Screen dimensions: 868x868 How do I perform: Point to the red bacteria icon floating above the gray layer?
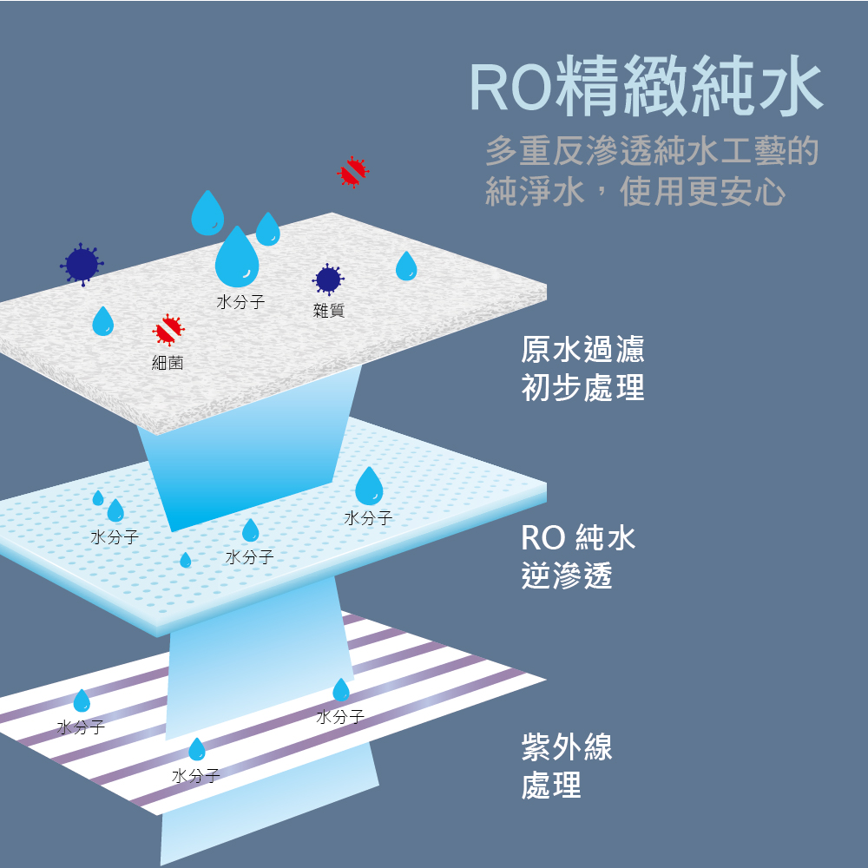(352, 172)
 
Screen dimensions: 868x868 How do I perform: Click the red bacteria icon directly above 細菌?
(168, 330)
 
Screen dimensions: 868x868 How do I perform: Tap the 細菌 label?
(168, 363)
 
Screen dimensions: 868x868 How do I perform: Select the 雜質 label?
(329, 310)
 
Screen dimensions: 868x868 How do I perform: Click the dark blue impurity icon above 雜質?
(328, 279)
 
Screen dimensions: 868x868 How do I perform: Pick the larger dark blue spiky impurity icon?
(82, 265)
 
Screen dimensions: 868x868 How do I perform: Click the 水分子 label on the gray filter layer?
(240, 302)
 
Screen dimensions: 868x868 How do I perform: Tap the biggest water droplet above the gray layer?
(237, 257)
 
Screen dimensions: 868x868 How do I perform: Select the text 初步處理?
(583, 387)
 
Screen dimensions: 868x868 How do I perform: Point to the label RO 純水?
(578, 537)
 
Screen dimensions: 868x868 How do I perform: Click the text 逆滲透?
(567, 575)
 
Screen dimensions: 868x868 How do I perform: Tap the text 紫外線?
(567, 746)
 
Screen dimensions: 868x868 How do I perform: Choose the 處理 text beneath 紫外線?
(551, 785)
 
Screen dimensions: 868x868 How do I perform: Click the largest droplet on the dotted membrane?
(369, 486)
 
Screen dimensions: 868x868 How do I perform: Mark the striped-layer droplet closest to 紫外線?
(341, 690)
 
